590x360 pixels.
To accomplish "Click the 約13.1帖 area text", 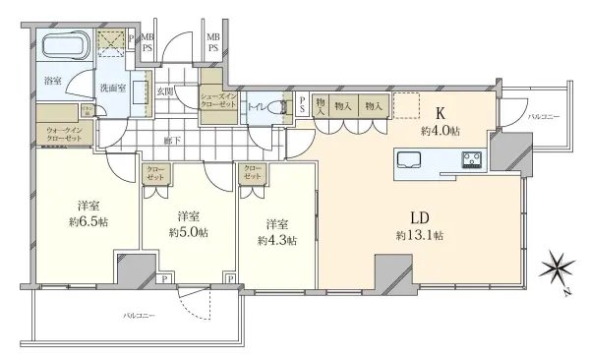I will coord(421,236).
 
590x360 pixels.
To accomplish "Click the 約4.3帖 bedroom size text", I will coord(276,239).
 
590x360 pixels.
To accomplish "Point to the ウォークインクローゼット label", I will coord(67,134).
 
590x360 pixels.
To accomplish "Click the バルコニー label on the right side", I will coord(543,117).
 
